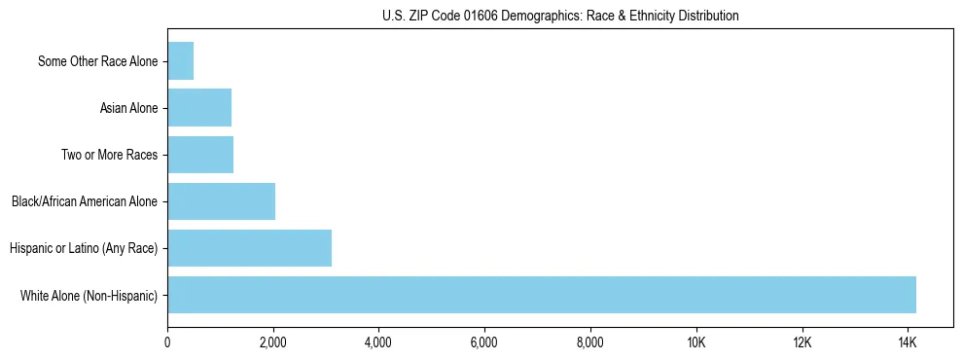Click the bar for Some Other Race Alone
point(181,61)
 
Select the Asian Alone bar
point(199,108)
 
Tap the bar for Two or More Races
point(200,155)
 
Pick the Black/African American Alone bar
point(221,201)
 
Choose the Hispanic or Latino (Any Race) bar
point(249,248)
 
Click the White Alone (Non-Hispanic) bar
point(541,295)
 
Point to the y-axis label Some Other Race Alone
point(98,61)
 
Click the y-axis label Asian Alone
point(129,108)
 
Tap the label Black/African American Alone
point(85,201)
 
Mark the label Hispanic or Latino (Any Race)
point(84,248)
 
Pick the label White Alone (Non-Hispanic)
point(89,295)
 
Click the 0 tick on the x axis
point(167,342)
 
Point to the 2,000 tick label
point(273,342)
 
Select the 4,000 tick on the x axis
point(378,342)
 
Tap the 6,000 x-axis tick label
point(484,342)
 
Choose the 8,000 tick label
point(590,342)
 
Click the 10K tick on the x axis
point(695,342)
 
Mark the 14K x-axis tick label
point(908,342)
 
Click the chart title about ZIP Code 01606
point(560,16)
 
